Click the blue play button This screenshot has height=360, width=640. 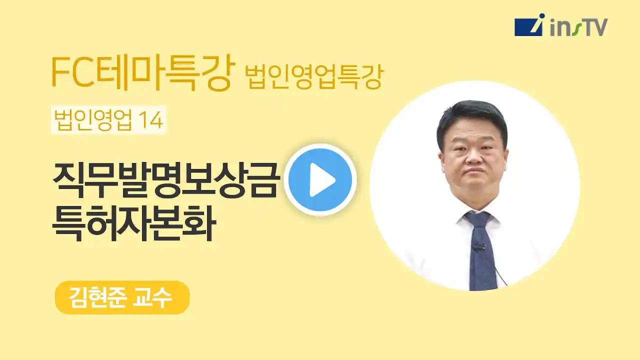pyautogui.click(x=320, y=179)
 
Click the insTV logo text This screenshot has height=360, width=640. pyautogui.click(x=579, y=28)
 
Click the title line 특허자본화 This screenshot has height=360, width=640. pyautogui.click(x=133, y=223)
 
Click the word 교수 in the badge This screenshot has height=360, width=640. pyautogui.click(x=152, y=297)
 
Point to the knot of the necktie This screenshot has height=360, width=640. pyautogui.click(x=477, y=220)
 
